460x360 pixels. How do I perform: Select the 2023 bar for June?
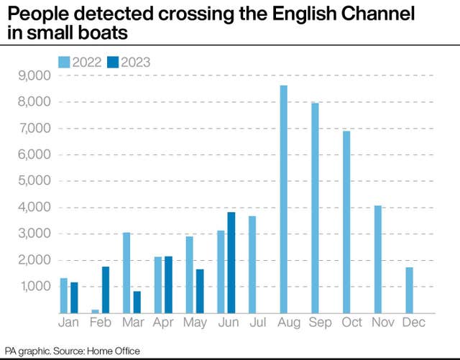[x=231, y=262]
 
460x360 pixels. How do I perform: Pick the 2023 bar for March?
[x=137, y=302]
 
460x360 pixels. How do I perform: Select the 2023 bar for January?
[x=74, y=297]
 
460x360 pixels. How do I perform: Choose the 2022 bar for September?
[x=315, y=208]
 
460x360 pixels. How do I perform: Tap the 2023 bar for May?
[x=200, y=291]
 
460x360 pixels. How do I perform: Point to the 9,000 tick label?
[x=34, y=75]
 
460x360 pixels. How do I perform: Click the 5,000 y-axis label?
[x=34, y=181]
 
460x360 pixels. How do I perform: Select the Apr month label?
[x=162, y=323]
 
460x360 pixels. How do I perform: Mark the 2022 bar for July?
[x=252, y=264]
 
